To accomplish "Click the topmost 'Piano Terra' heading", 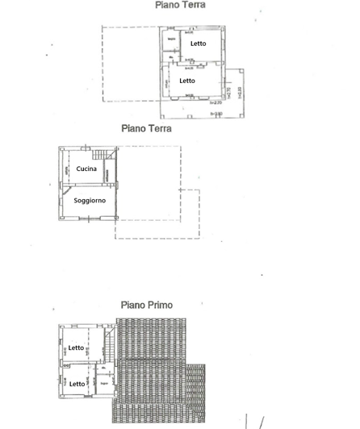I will pyautogui.click(x=180, y=5).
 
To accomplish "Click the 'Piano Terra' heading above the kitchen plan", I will pyautogui.click(x=146, y=128).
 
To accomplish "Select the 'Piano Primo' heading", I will pyautogui.click(x=146, y=306).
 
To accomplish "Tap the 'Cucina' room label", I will pyautogui.click(x=86, y=169).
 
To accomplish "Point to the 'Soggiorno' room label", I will pyautogui.click(x=89, y=200).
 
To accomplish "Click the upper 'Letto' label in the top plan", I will pyautogui.click(x=199, y=44).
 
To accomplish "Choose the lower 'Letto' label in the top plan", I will pyautogui.click(x=187, y=81).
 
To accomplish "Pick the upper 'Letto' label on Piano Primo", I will pyautogui.click(x=76, y=348).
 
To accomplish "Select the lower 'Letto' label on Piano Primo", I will pyautogui.click(x=77, y=384).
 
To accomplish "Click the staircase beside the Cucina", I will pyautogui.click(x=100, y=155).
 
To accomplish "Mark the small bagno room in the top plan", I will pyautogui.click(x=171, y=40).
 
